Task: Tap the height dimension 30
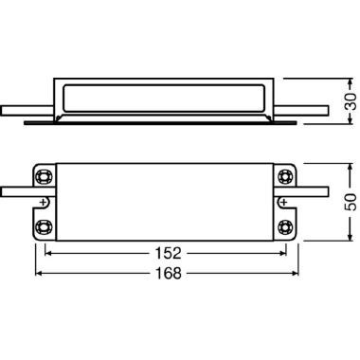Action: point(348,100)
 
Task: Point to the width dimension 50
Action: point(348,201)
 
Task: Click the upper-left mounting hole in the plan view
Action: point(45,176)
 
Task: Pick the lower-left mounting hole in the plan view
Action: point(45,226)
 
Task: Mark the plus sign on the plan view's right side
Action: point(282,201)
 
